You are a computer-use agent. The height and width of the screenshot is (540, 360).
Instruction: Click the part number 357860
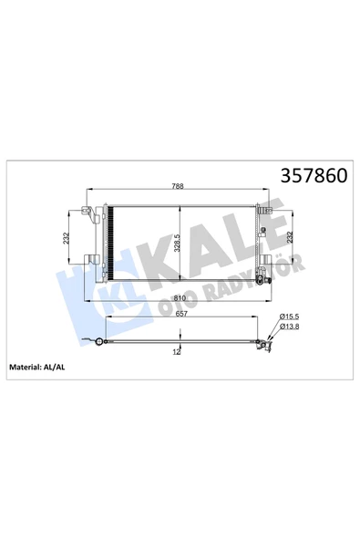pyautogui.click(x=314, y=176)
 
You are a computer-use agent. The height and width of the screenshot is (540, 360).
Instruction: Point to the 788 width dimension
pyautogui.click(x=178, y=186)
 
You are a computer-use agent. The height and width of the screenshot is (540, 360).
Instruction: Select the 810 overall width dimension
pyautogui.click(x=180, y=298)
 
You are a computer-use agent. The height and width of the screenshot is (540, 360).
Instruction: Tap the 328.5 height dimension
pyautogui.click(x=177, y=244)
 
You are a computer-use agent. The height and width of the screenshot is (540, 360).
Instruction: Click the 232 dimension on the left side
pyautogui.click(x=67, y=238)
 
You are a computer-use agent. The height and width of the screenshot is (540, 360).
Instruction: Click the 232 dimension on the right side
pyautogui.click(x=290, y=238)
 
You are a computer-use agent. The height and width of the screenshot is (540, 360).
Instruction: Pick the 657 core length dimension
pyautogui.click(x=181, y=314)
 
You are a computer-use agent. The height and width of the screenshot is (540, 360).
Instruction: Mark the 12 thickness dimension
pyautogui.click(x=177, y=351)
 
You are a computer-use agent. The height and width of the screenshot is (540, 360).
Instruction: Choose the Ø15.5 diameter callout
pyautogui.click(x=289, y=317)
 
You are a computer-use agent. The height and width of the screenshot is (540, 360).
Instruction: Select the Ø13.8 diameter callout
pyautogui.click(x=289, y=327)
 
